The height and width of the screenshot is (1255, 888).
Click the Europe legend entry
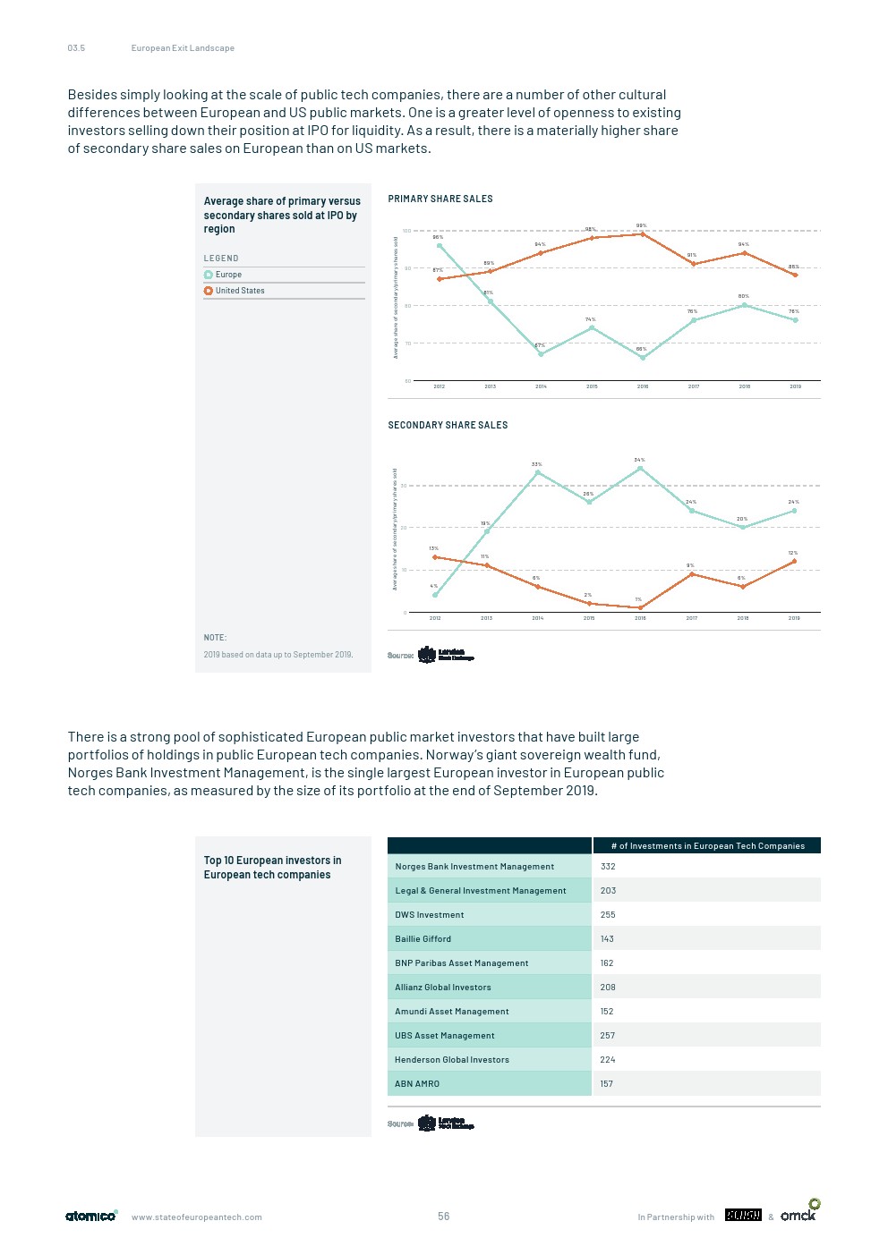pos(228,275)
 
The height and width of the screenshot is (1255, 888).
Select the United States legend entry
pos(239,291)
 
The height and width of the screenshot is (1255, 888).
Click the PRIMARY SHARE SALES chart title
pos(440,199)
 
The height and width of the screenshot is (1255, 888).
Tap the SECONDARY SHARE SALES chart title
pos(448,425)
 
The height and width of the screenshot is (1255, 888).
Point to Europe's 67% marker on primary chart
pos(541,354)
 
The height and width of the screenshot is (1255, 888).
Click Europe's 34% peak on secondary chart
pos(640,468)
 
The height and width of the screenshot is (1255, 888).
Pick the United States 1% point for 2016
pos(640,607)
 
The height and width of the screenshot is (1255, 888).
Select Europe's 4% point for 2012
pos(435,595)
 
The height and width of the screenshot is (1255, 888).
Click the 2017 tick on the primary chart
pos(694,386)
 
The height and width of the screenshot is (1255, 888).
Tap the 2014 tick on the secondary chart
pos(538,618)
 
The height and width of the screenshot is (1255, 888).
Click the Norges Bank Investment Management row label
pos(474,867)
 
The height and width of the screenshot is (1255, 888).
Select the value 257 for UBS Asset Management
pos(608,1036)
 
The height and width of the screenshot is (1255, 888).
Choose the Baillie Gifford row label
pos(423,939)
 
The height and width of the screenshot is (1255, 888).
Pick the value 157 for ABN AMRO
pos(607,1084)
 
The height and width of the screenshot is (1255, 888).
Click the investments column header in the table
pos(707,845)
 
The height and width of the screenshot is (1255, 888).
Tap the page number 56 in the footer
pos(444,1217)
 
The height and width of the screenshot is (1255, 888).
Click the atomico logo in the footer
pos(91,1216)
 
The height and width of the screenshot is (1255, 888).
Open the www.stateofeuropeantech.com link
pos(197,1217)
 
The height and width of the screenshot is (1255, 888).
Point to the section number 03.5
pos(76,48)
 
